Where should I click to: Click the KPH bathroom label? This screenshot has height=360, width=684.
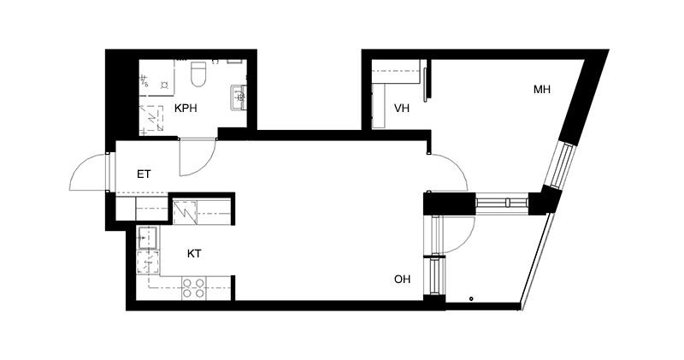[186, 109]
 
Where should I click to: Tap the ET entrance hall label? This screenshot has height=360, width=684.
[144, 174]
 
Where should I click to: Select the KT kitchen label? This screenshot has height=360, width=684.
[194, 253]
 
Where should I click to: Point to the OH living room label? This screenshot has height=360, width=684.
[402, 280]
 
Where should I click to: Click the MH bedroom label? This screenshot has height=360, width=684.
[542, 90]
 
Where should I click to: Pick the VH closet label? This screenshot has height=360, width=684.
[402, 109]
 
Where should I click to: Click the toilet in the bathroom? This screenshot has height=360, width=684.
[198, 74]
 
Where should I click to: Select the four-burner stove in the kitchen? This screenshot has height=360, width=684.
[194, 288]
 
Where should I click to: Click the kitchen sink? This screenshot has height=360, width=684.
[148, 238]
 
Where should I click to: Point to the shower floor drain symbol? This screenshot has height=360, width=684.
[164, 84]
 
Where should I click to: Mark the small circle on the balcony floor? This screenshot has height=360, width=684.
[471, 299]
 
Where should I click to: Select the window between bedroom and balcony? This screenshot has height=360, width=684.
[502, 203]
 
